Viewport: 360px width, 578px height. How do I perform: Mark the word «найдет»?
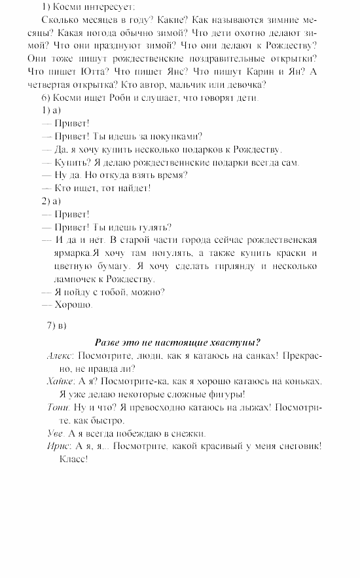[x=134, y=188]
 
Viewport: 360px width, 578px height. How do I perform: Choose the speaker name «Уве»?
[x=55, y=433]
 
